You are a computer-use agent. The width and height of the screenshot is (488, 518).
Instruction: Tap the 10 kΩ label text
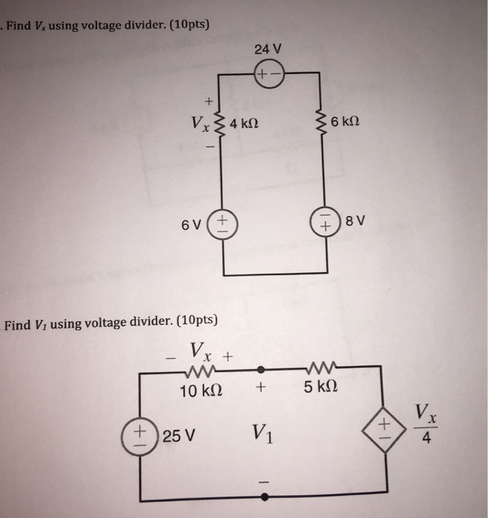click(x=203, y=390)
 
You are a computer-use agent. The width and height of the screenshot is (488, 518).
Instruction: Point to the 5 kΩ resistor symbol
click(x=321, y=366)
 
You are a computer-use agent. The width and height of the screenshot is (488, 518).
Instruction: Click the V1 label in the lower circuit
click(x=261, y=432)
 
